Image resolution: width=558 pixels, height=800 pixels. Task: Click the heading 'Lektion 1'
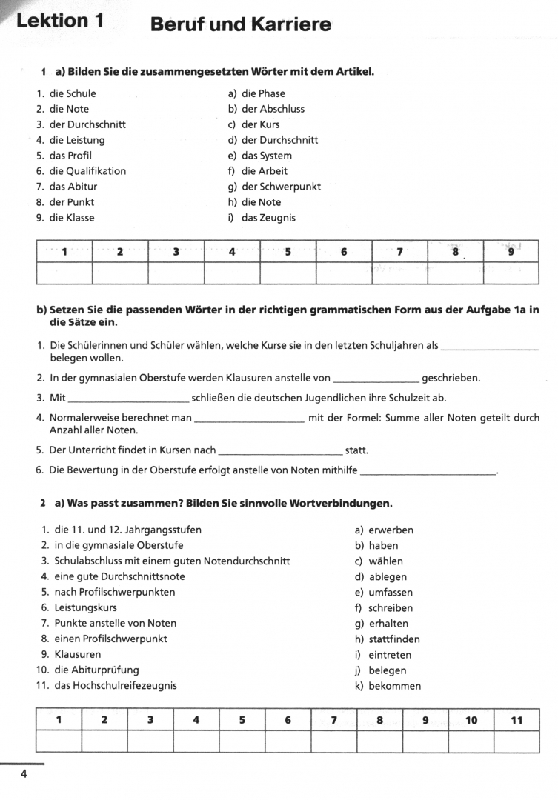pyautogui.click(x=60, y=21)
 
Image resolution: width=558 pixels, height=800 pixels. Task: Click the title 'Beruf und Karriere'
pyautogui.click(x=240, y=24)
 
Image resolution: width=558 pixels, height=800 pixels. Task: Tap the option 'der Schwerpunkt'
pyautogui.click(x=281, y=187)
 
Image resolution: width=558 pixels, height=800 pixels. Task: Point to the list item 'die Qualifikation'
pyautogui.click(x=87, y=171)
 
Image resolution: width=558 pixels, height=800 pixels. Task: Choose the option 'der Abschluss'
pyautogui.click(x=273, y=109)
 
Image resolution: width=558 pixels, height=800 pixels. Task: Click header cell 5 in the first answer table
pyautogui.click(x=288, y=252)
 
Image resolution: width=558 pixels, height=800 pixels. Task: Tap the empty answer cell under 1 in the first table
pyautogui.click(x=64, y=273)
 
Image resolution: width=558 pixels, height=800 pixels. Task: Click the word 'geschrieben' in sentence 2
pyautogui.click(x=451, y=379)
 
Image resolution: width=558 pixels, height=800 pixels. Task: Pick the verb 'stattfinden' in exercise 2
pyautogui.click(x=393, y=639)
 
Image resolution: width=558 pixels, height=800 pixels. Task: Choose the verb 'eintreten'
pyautogui.click(x=389, y=655)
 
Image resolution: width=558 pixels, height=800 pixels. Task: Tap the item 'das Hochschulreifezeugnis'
pyautogui.click(x=115, y=685)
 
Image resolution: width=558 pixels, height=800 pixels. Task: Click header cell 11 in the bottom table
pyautogui.click(x=517, y=720)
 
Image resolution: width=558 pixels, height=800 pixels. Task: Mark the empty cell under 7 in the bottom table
pyautogui.click(x=333, y=741)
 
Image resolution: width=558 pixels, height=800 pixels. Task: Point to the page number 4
pyautogui.click(x=24, y=775)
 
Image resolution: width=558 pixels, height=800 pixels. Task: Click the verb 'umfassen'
pyautogui.click(x=391, y=593)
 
